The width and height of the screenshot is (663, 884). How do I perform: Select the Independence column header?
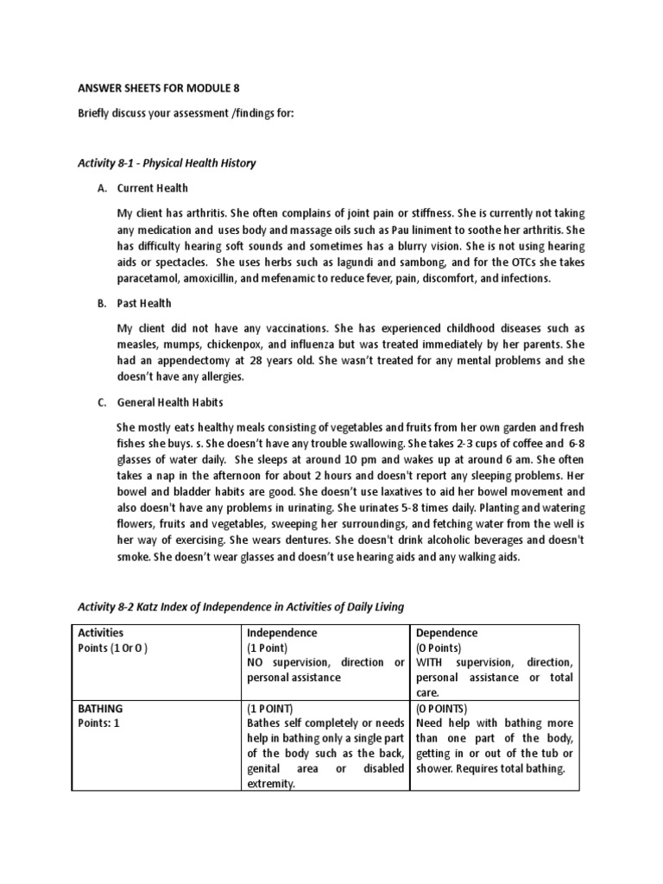click(x=282, y=633)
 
